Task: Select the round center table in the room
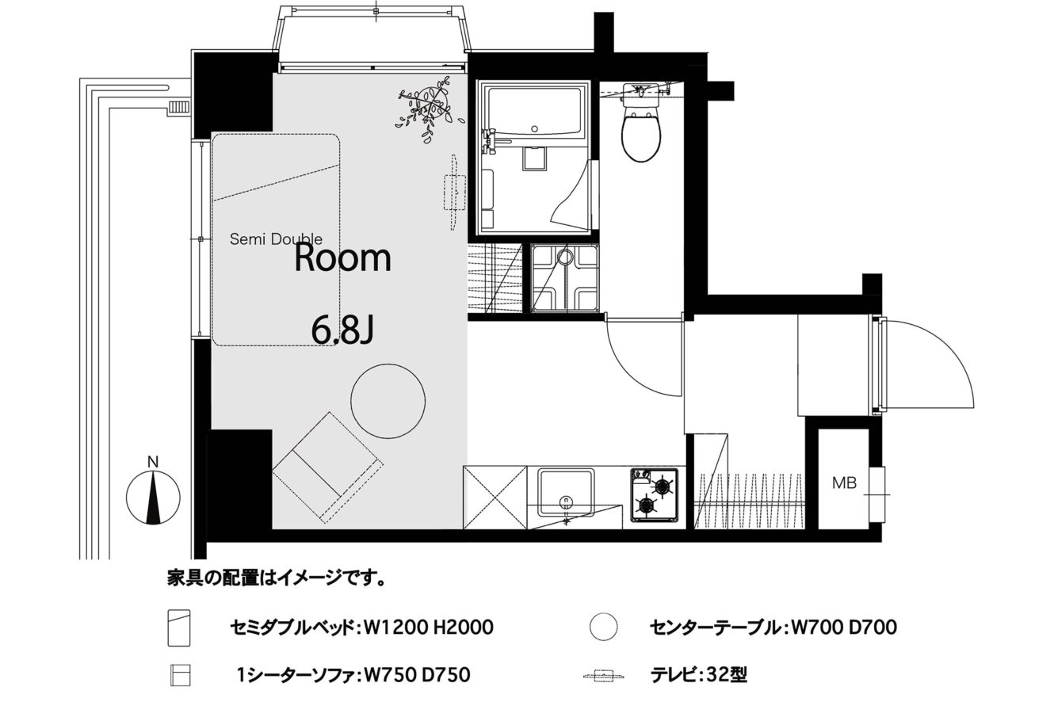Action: pos(388,401)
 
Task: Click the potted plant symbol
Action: pos(427,109)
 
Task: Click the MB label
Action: pos(844,483)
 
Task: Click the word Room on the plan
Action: pos(342,258)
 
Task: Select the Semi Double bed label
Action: pos(276,239)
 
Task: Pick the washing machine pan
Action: pos(564,277)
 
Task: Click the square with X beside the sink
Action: pos(495,498)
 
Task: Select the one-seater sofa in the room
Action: pos(328,468)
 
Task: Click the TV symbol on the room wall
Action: pos(455,193)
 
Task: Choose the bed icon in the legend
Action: pos(179,628)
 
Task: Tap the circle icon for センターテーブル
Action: pos(603,626)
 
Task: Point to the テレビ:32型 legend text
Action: pos(698,676)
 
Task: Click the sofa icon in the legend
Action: pos(180,675)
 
